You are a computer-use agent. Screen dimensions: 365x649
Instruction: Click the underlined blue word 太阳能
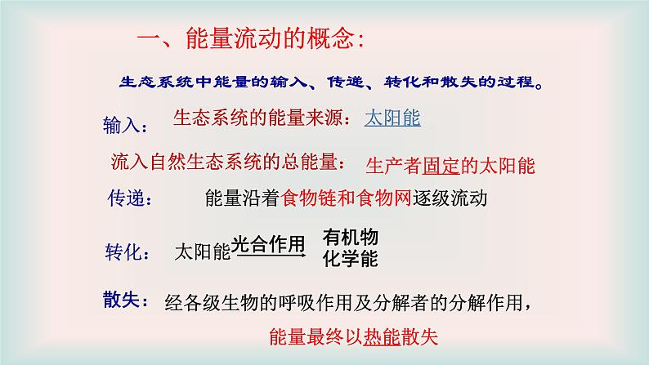point(392,118)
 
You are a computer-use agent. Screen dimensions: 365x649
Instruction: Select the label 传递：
point(129,199)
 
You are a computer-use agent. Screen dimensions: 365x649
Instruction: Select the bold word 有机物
point(351,238)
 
